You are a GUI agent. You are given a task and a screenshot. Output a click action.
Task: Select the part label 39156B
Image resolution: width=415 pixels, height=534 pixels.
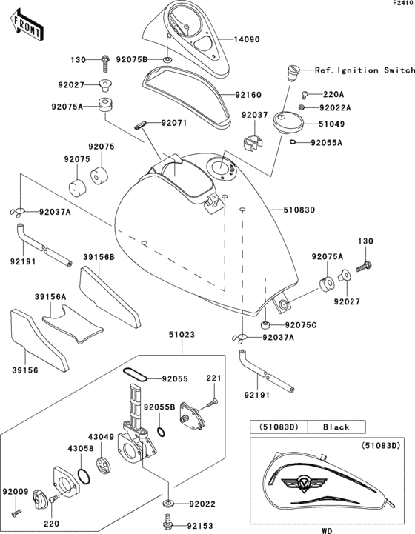point(99,258)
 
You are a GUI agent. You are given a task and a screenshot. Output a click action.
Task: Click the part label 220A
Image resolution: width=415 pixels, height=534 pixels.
point(333,94)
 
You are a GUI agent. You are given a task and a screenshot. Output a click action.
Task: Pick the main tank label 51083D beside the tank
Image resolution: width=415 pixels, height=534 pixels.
point(299,210)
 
